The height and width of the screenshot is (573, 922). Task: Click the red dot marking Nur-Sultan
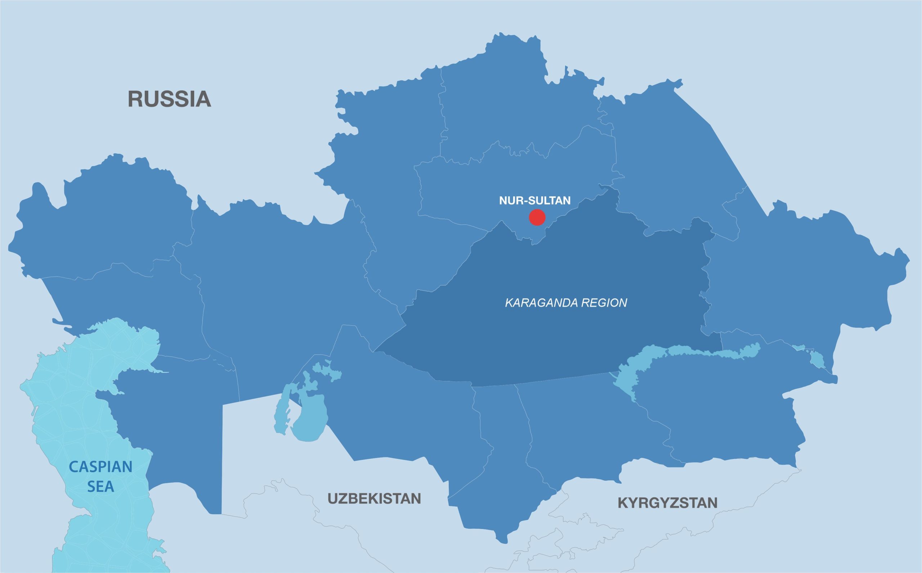point(537,218)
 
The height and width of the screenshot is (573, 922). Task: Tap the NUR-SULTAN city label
point(535,201)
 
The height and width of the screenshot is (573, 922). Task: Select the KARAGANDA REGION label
point(566,303)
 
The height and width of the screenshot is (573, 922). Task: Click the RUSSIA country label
point(169,99)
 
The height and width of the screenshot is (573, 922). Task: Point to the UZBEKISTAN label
point(374,498)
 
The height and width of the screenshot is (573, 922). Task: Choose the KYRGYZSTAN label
point(667,503)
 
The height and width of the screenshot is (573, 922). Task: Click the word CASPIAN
point(100,467)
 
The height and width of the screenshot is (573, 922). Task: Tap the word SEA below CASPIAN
point(100,487)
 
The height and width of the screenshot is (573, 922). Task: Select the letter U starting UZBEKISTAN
point(332,498)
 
